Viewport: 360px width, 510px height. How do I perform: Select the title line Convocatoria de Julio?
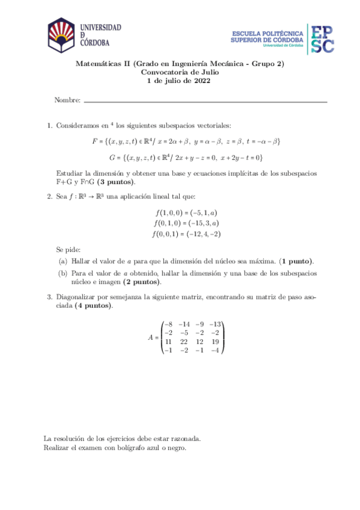(x=179, y=73)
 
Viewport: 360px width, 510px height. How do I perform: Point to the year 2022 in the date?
(x=200, y=81)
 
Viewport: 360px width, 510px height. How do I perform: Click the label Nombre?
(x=67, y=100)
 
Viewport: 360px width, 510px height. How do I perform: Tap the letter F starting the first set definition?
(x=94, y=141)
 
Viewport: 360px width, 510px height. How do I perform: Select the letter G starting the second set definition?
(x=112, y=158)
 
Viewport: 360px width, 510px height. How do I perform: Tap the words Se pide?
(x=68, y=249)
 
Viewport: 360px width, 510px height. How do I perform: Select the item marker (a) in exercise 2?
(x=63, y=261)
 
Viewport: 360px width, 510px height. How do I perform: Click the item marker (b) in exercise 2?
(x=63, y=273)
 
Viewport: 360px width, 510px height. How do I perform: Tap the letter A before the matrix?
(x=151, y=337)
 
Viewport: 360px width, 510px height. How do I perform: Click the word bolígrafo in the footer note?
(x=130, y=447)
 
